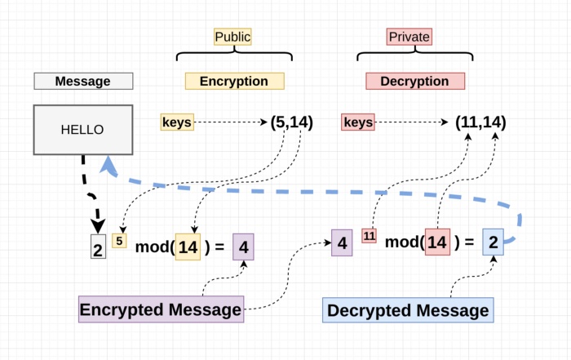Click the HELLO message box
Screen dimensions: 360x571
click(x=82, y=129)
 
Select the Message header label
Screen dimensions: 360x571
click(x=82, y=82)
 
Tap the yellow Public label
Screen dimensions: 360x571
click(x=232, y=37)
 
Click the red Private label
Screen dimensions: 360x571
click(x=408, y=37)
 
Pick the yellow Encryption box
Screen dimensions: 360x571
click(x=234, y=82)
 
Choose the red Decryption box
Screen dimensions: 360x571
click(x=415, y=82)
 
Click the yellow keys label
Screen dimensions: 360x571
click(x=177, y=122)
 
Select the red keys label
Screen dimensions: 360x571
click(x=357, y=122)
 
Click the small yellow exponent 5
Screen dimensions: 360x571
click(x=119, y=241)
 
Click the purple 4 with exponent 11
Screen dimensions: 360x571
click(x=342, y=243)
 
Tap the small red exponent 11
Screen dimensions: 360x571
click(x=369, y=237)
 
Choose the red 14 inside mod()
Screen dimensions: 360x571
click(x=437, y=242)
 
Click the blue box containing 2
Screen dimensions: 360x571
click(x=493, y=242)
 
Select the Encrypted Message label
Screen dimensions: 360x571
click(x=161, y=309)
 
